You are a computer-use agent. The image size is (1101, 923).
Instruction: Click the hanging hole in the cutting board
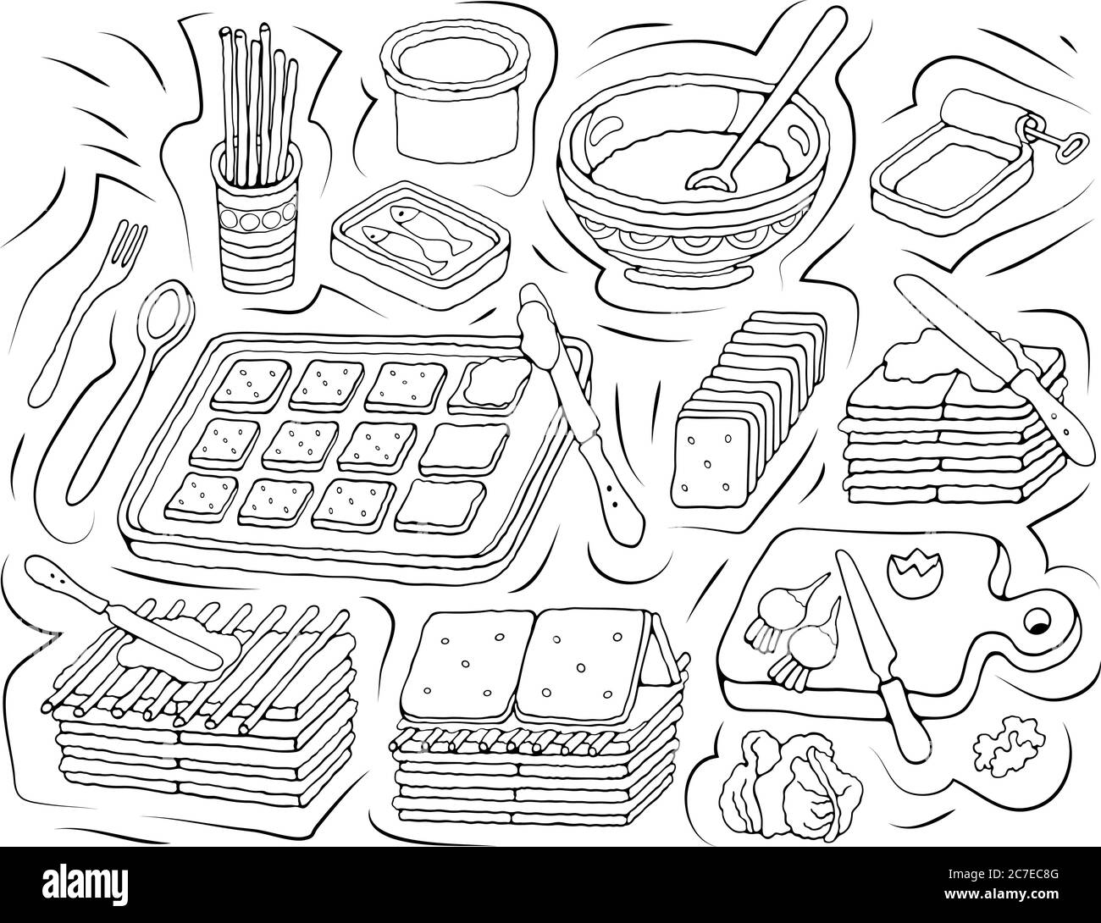tap(1036, 624)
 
